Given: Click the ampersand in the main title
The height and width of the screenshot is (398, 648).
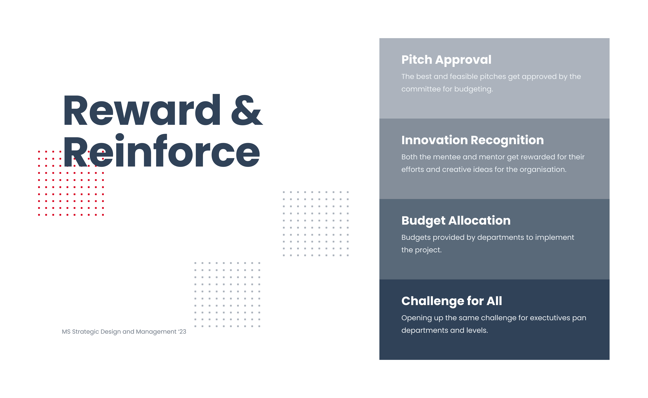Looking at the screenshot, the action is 247,110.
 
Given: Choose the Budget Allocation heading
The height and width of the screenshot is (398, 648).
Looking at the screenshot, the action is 456,221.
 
